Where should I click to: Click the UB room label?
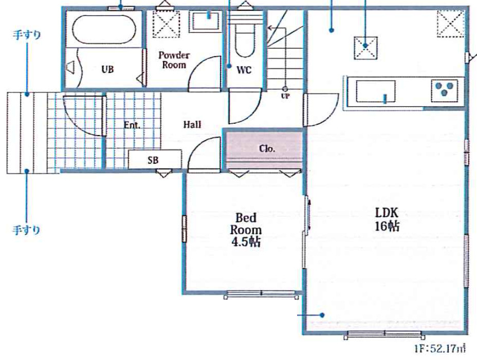click(107, 69)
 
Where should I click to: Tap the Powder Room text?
click(174, 60)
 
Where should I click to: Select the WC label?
click(244, 70)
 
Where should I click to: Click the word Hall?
click(192, 124)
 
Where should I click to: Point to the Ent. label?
click(132, 125)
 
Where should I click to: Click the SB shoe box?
click(155, 159)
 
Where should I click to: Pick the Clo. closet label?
click(267, 148)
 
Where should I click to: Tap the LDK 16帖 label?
click(387, 219)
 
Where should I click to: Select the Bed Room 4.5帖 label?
click(246, 230)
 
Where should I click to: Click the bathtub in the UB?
click(104, 29)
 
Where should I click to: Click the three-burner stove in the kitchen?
click(445, 90)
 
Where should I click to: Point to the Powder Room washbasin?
click(206, 21)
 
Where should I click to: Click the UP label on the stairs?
click(285, 96)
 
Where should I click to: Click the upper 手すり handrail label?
click(27, 34)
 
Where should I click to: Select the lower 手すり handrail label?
click(26, 230)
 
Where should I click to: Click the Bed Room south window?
click(261, 294)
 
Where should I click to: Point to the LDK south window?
click(384, 334)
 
